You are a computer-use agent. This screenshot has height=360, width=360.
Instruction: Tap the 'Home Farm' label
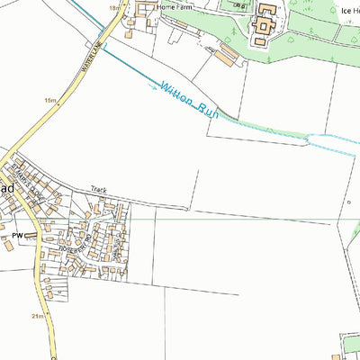coord(175,7)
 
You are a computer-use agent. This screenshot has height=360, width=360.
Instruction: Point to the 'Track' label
coord(98,191)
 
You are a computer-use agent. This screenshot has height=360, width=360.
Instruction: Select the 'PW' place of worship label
coord(17,236)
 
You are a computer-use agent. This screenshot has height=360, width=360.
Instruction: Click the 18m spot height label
coord(114,7)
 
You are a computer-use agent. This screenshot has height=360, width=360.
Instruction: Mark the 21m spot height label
coord(37,317)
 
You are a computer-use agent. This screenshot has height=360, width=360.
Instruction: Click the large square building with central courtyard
coord(263,28)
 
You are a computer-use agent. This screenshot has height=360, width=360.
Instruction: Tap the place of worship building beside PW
coord(32,236)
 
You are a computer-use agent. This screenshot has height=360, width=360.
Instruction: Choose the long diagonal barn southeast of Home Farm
coord(226,58)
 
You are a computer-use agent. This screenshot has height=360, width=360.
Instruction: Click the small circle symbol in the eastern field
coord(348,202)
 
